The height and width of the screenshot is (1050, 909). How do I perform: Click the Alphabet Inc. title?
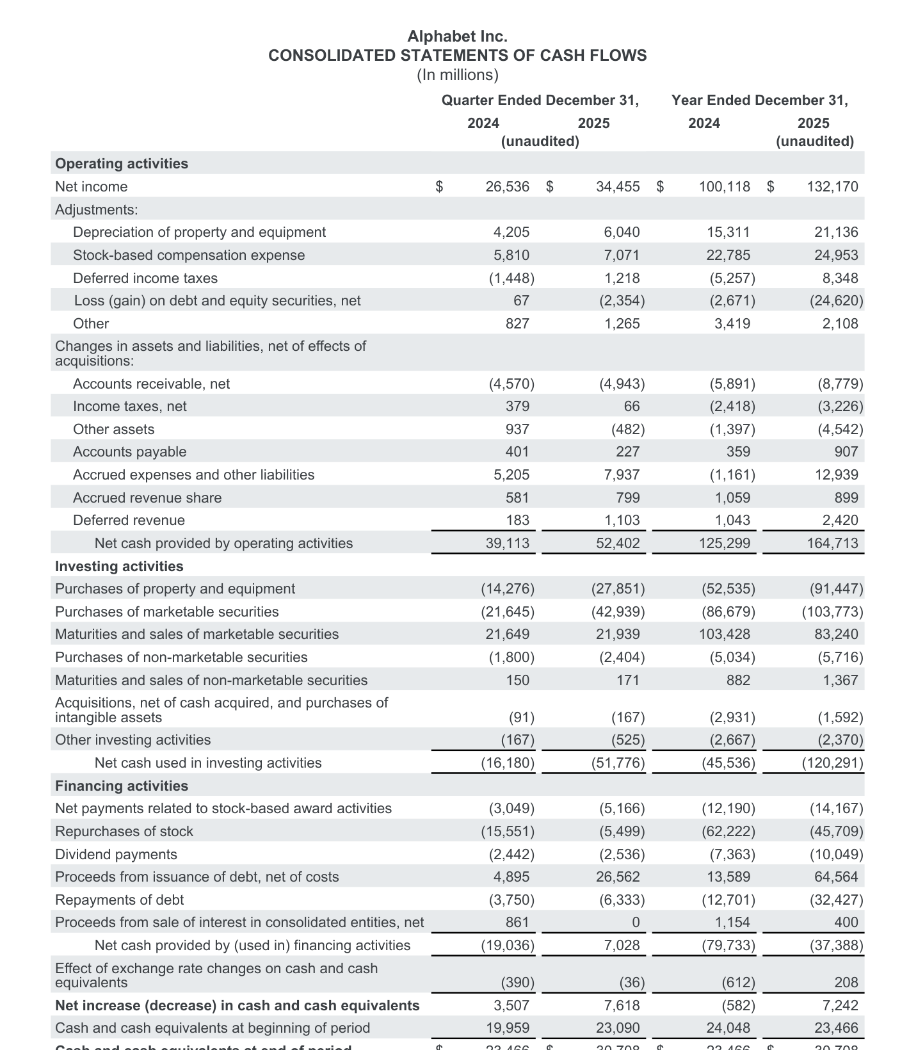coord(457,36)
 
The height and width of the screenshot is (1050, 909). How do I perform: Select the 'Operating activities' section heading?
coord(122,163)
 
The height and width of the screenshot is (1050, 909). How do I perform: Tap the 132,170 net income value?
coord(832,186)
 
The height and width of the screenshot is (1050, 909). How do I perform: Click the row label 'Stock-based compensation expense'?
coord(189,255)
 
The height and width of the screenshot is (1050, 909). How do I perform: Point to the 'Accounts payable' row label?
coord(129,451)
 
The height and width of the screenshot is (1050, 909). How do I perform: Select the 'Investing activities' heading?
coord(119,566)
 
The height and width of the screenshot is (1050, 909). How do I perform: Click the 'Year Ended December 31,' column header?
coord(759,100)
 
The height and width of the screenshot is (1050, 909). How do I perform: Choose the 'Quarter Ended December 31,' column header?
coord(540,100)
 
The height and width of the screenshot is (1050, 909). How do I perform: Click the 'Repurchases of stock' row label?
coord(124,831)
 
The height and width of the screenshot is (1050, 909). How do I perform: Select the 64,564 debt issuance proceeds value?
coord(835,876)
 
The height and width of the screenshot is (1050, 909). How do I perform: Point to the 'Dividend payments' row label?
coord(116,854)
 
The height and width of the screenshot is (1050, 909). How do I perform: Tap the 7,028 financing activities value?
coord(622,945)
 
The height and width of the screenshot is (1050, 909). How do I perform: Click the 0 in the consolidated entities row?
coord(635,922)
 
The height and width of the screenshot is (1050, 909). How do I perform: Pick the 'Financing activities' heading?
coord(122,786)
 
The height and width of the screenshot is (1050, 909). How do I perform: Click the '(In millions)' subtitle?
coord(457,75)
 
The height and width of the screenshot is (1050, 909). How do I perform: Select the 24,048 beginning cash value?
coord(728,1028)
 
